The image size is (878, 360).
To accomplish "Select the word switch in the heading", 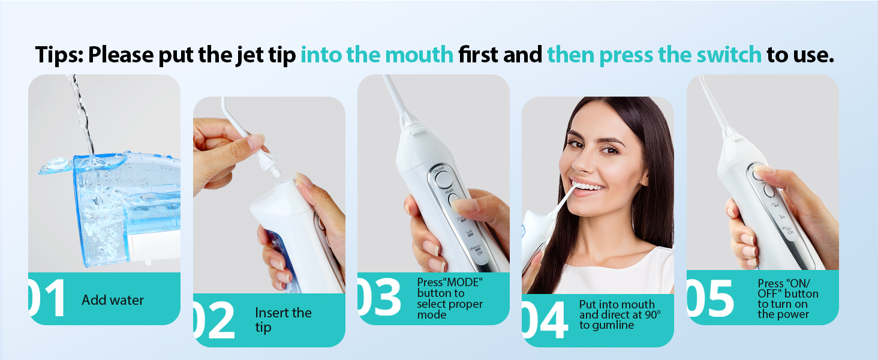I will [725, 55].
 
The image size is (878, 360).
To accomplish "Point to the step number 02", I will [215, 320].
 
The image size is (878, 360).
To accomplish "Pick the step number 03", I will [379, 297].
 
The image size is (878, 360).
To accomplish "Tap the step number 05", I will [711, 298].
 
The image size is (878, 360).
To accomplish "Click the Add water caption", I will [113, 300].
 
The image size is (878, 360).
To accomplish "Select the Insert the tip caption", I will [283, 320].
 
